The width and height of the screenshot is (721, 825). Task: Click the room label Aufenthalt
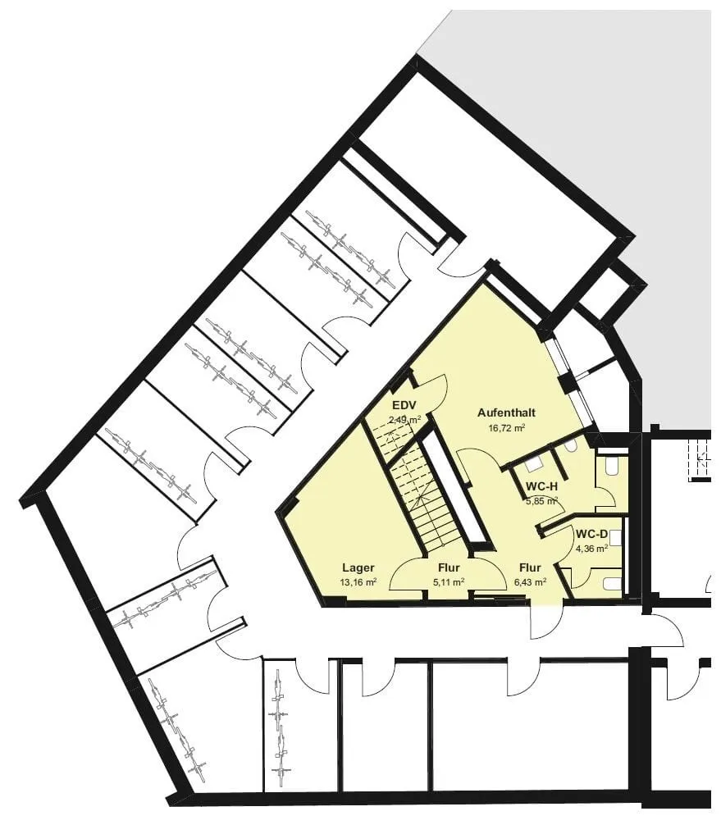point(506,413)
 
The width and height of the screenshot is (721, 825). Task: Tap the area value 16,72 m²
point(508,427)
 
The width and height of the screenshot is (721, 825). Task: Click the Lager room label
point(358,567)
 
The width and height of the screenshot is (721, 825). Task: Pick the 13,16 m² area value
point(359,581)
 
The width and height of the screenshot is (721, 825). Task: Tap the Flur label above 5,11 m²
point(448,567)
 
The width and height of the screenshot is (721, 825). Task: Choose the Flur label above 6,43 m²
point(530,567)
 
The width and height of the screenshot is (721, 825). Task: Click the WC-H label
point(541,486)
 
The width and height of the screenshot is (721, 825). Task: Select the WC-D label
point(591,535)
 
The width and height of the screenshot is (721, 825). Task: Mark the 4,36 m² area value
point(591,549)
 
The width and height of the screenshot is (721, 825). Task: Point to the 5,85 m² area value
point(541,500)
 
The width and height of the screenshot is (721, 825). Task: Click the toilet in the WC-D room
point(610,584)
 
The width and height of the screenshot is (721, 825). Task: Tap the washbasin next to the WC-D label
point(616,537)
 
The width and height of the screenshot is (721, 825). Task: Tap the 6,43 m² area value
point(530,581)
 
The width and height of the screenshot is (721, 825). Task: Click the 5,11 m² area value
point(448,581)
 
